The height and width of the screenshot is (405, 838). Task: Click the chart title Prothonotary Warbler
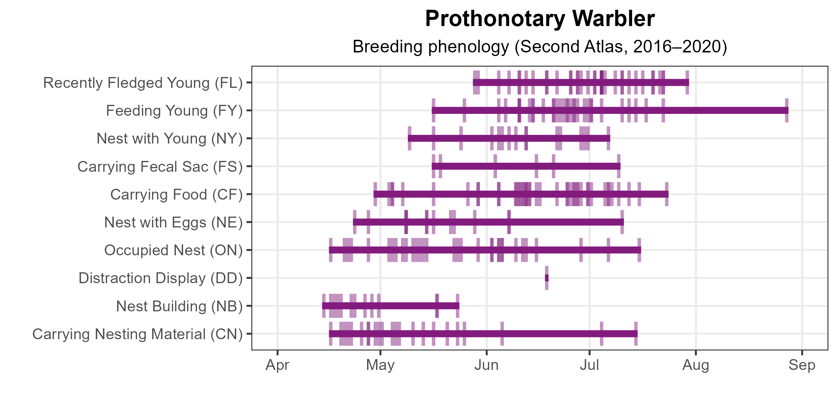coord(540,19)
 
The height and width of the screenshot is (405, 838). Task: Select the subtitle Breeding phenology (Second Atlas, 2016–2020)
coord(540,47)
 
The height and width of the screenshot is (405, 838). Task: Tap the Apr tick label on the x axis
coord(277,365)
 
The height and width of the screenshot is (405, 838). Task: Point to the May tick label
coord(380,365)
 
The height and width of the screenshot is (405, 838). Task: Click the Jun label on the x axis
coord(487,365)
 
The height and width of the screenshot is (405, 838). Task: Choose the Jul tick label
coord(589,365)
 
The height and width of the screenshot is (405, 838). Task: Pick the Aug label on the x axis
coord(696,365)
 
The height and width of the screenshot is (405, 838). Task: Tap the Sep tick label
coord(802,365)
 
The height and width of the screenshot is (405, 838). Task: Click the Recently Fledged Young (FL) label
coord(143,83)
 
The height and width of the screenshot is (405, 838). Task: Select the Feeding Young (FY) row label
coord(174,111)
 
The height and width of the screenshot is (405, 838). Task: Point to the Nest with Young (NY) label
coord(169,138)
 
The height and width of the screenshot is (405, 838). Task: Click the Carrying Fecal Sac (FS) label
coord(160,167)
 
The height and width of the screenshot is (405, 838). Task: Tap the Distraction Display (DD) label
coord(160,278)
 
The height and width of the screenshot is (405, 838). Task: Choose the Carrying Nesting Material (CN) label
coord(137,334)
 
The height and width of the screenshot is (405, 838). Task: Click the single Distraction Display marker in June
coord(547,278)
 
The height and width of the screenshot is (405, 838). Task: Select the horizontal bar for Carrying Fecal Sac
coord(526,166)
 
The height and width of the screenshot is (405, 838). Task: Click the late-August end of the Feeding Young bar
coord(786,110)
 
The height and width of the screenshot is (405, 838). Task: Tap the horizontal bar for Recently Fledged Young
coord(581,82)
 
